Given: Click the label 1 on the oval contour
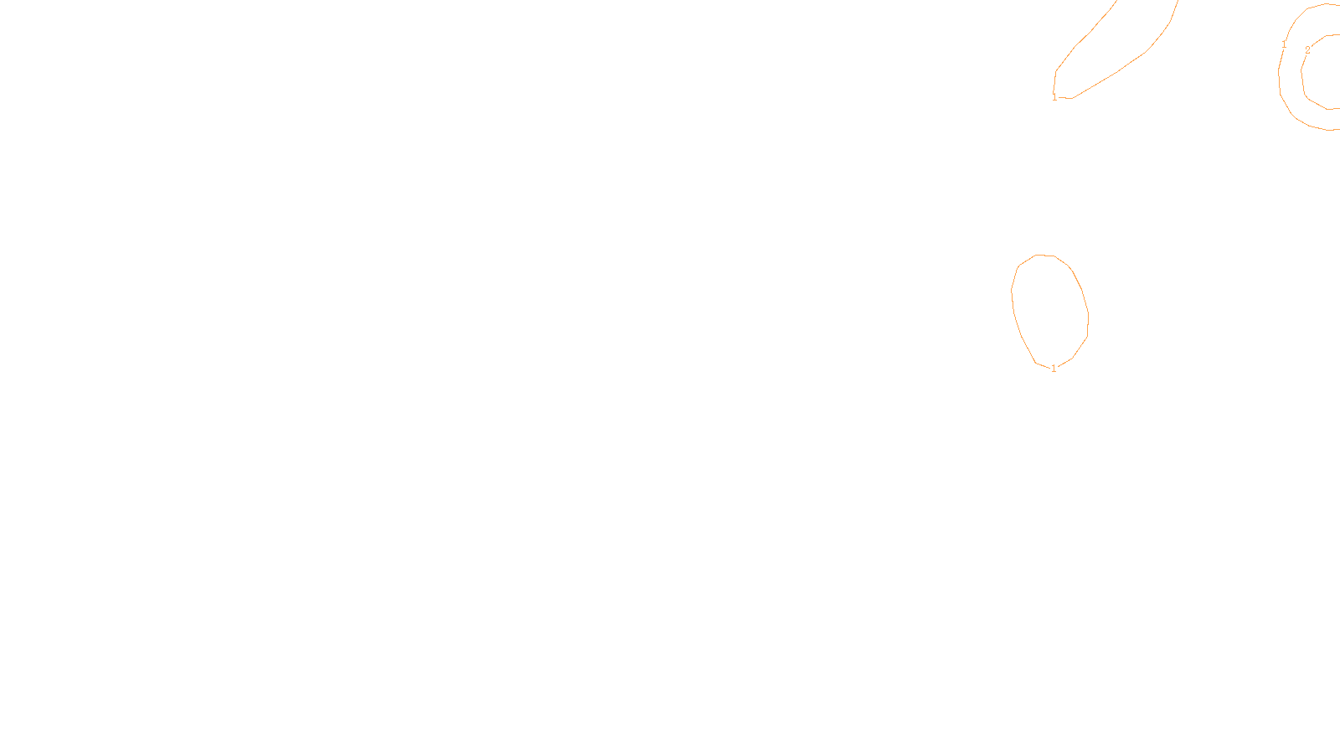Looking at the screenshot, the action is point(1054,368).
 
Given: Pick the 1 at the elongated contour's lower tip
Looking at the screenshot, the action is point(1054,97).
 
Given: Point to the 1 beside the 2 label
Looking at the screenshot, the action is point(1284,44).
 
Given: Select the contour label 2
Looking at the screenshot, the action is point(1307,50).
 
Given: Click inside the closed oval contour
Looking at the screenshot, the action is point(1050,310).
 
